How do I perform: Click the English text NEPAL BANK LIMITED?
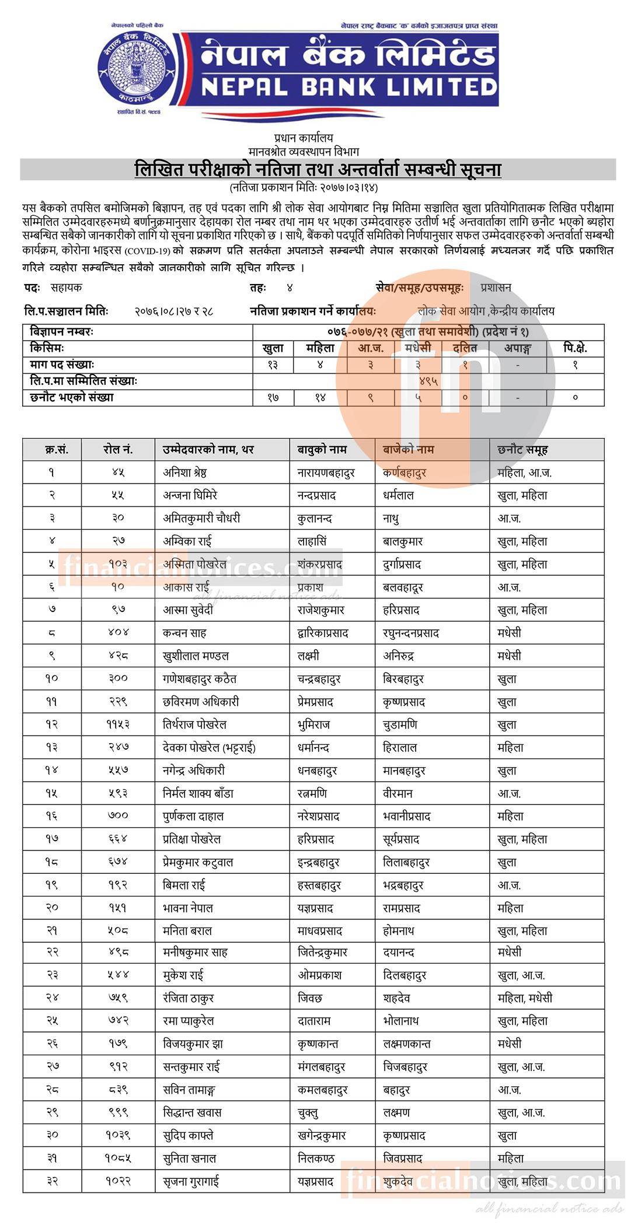coord(348,87)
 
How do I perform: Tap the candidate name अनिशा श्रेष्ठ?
coord(184,473)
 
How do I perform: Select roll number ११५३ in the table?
coord(118,724)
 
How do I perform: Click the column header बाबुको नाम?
coord(322,450)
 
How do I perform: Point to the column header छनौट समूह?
coord(522,450)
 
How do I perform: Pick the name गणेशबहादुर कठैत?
coord(200,679)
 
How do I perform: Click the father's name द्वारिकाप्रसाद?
coord(323,633)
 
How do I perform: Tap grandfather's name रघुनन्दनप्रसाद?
coord(411,633)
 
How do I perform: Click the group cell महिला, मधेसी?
coord(525,998)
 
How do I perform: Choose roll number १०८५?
coord(118,1158)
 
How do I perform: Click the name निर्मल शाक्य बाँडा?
coord(200,793)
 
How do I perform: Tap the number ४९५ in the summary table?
coord(428,381)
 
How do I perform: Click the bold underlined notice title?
coord(318,170)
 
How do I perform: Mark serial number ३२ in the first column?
coord(52,1181)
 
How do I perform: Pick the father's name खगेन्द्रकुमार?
coord(322,1135)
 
